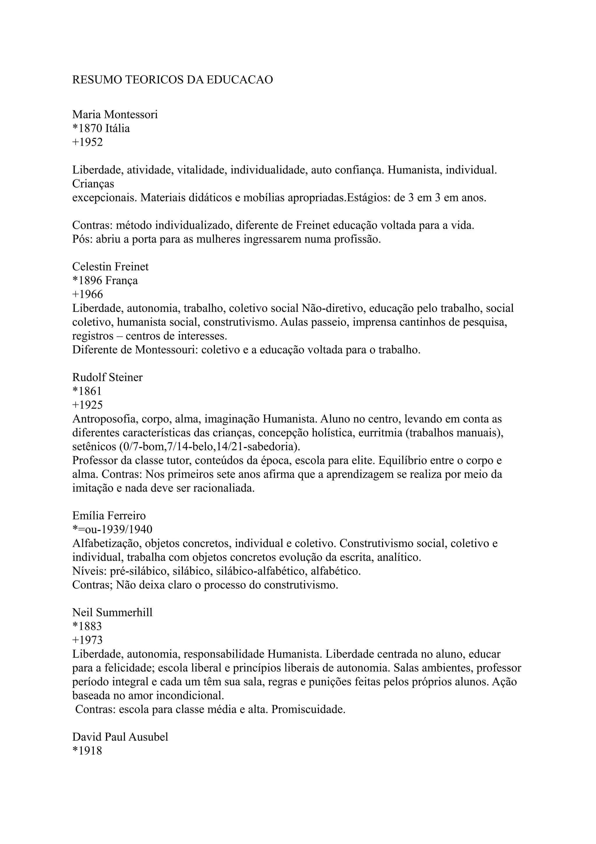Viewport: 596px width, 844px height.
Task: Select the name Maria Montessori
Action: click(x=115, y=115)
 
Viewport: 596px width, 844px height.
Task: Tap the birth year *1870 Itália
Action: click(x=101, y=128)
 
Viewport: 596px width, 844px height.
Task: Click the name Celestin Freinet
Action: click(x=111, y=266)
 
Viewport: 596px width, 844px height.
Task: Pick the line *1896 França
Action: click(x=105, y=280)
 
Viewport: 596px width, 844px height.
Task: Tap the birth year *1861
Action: click(x=87, y=391)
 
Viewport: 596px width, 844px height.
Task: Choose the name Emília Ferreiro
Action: click(x=109, y=516)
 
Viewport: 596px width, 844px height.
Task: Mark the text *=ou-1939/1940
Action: click(x=112, y=529)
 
